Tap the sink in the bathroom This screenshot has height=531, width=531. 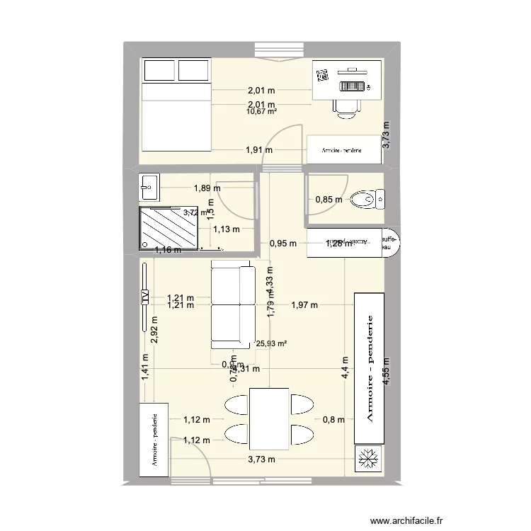point(151,187)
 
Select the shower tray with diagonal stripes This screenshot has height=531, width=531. point(169,227)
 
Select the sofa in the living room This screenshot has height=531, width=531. point(232,305)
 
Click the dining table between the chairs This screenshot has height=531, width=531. point(268,418)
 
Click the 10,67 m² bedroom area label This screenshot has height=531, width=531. point(261,110)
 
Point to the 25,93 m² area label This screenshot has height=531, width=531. point(270,344)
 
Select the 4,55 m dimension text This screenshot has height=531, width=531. point(387,370)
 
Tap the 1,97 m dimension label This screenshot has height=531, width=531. point(304,305)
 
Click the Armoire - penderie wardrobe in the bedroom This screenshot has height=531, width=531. point(342,150)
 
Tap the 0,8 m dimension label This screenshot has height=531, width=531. point(333,419)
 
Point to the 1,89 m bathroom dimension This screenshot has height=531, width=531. point(207,188)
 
